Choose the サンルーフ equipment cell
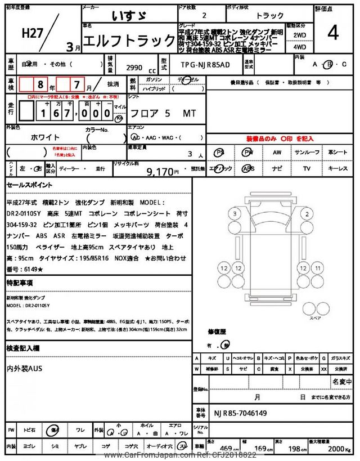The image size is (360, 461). (x=307, y=153)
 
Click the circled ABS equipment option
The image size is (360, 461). (x=248, y=168)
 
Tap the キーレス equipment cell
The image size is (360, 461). (x=337, y=168)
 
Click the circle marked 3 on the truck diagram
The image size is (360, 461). (x=235, y=213)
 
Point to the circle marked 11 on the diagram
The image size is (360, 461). (x=318, y=268)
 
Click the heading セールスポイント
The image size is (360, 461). (x=29, y=185)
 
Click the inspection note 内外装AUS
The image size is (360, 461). (x=25, y=368)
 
